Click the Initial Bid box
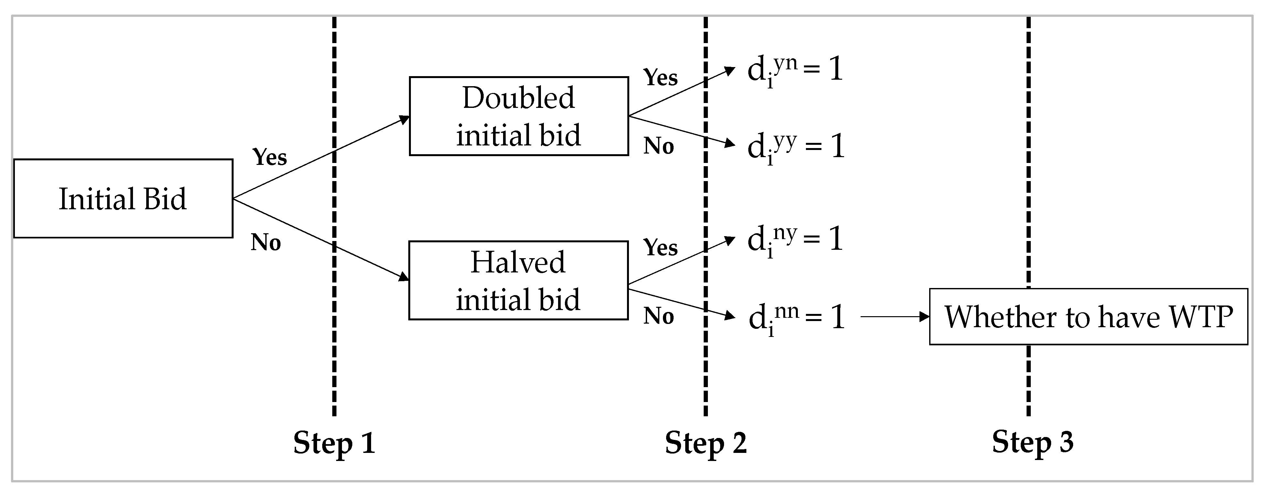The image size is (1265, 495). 123,199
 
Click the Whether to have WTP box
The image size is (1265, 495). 1088,317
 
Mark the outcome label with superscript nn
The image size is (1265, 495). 796,317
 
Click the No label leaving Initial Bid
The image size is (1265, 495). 266,242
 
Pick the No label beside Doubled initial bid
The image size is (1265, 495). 658,146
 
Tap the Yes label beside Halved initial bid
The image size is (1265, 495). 661,247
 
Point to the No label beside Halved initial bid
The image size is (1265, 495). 658,316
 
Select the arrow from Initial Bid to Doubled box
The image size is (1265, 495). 322,157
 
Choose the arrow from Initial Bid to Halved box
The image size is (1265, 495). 322,240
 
